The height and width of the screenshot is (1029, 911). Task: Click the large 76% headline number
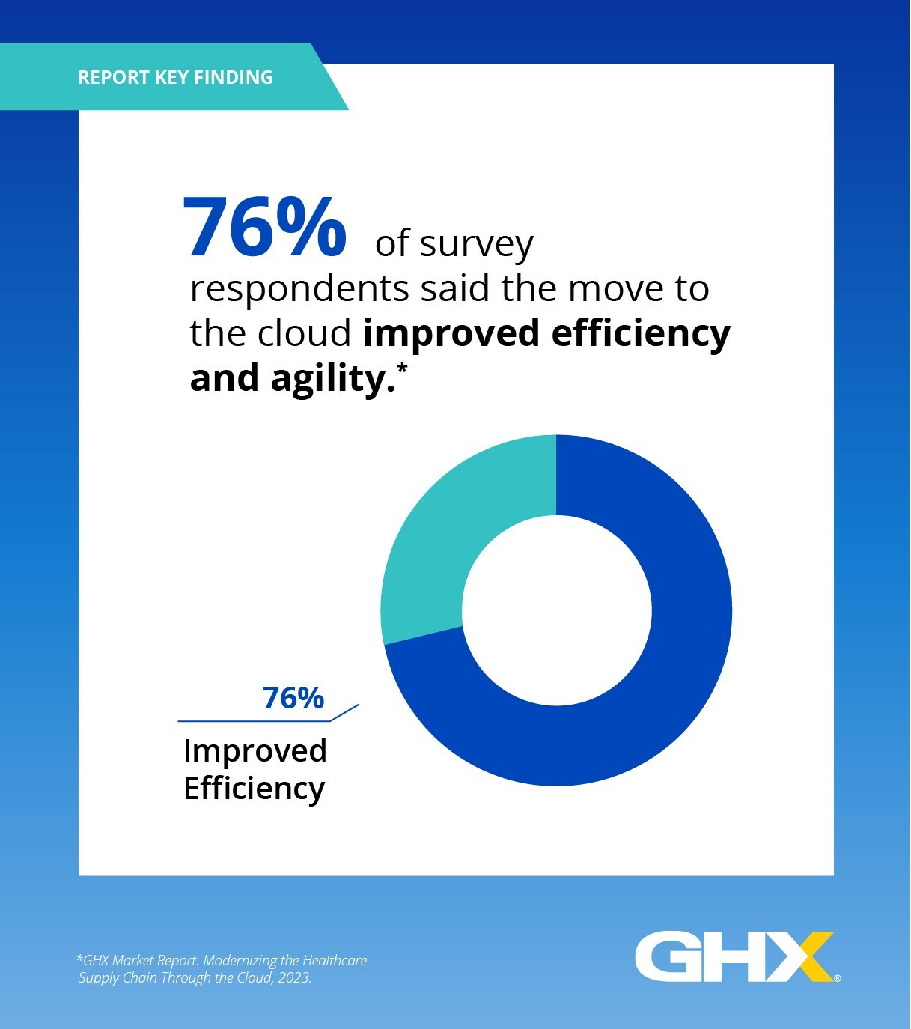(264, 227)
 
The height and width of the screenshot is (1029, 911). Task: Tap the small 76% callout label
(293, 698)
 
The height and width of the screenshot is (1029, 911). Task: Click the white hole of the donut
(556, 610)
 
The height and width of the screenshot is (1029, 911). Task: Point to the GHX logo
(734, 956)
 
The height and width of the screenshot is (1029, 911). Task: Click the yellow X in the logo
(805, 956)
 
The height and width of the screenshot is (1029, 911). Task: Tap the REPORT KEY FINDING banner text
(175, 77)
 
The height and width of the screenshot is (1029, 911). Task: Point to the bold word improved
(451, 333)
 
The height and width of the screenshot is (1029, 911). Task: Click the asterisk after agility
(403, 368)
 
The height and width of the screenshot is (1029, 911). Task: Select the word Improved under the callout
(255, 750)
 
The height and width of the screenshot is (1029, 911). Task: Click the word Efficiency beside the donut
(254, 788)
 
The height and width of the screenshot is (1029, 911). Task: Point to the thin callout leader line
(255, 720)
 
